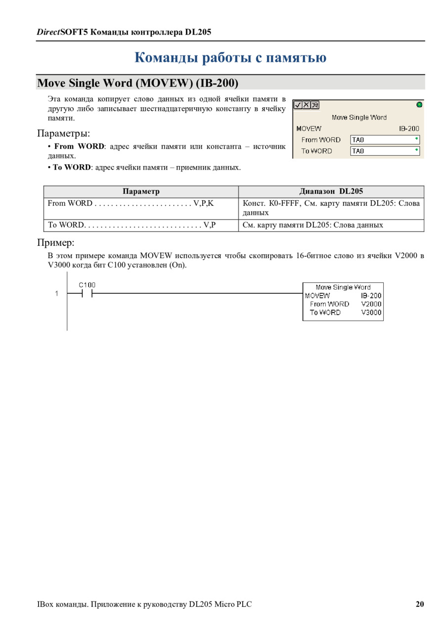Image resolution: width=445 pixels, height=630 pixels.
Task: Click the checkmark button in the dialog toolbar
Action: click(x=297, y=105)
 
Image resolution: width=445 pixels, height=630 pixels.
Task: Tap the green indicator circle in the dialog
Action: click(x=419, y=104)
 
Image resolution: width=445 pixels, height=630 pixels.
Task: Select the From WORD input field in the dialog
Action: click(x=385, y=139)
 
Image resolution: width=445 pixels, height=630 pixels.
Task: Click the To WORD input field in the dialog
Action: click(x=385, y=151)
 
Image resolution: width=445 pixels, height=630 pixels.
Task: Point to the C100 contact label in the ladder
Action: click(x=87, y=285)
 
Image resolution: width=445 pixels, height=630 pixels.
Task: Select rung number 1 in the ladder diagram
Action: click(x=57, y=294)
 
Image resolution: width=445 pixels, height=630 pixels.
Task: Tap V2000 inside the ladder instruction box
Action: click(x=371, y=304)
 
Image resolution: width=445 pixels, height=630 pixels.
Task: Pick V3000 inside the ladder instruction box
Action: click(x=371, y=313)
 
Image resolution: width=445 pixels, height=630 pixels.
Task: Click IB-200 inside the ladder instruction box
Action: click(x=371, y=296)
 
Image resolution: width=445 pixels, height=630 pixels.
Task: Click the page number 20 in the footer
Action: click(x=420, y=604)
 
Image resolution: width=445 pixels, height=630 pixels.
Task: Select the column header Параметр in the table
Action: click(x=141, y=191)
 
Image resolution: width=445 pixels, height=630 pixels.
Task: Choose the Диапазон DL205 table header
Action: click(x=331, y=191)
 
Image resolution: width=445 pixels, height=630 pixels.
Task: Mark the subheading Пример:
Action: click(x=56, y=243)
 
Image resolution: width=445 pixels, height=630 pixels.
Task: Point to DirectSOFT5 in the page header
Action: click(x=62, y=32)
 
